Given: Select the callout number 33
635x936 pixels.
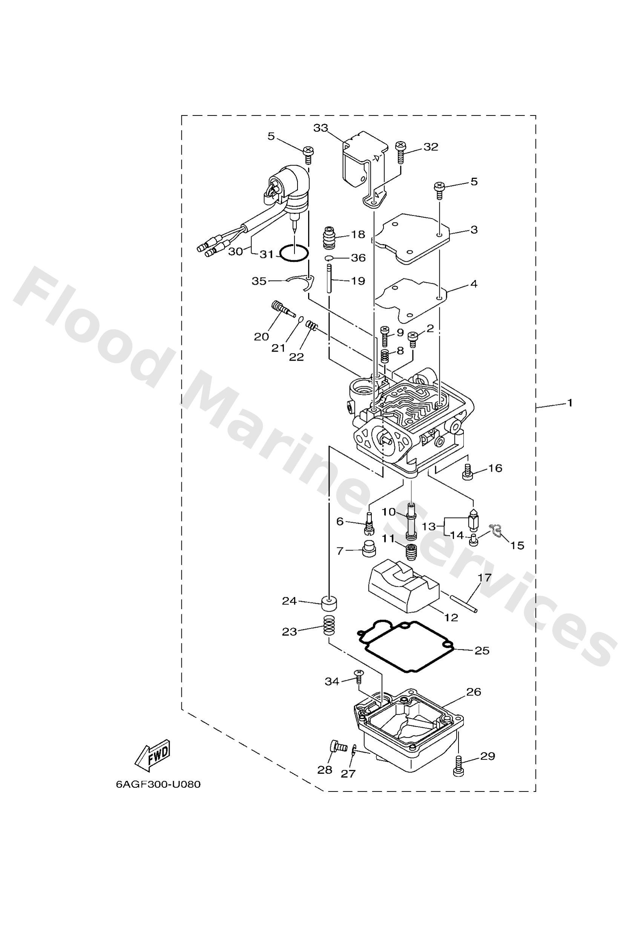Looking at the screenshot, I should [321, 128].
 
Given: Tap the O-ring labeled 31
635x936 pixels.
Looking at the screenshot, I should [294, 254].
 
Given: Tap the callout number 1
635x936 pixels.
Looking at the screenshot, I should [569, 402].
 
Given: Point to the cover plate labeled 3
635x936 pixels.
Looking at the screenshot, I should [411, 238].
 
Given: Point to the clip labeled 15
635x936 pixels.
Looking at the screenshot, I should [496, 532].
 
